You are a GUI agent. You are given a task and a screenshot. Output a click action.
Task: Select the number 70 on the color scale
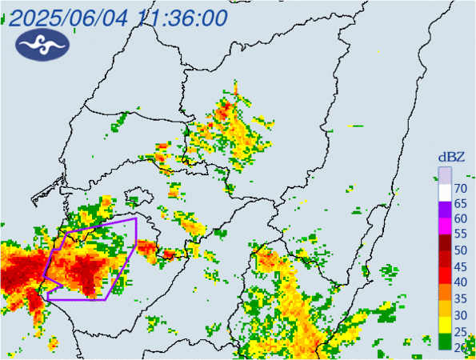pos(460,188)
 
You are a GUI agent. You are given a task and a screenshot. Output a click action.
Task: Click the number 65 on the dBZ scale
pos(460,203)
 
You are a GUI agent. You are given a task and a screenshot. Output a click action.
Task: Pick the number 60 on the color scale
pos(460,219)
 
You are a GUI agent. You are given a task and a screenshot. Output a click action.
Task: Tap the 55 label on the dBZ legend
pos(460,235)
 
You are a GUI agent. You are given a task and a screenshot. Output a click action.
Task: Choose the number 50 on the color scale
pos(460,250)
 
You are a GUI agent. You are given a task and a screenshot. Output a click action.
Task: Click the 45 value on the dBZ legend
pos(460,266)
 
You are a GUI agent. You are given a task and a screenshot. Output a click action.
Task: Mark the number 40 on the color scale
pos(460,282)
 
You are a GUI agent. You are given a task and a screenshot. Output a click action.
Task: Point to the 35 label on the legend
pos(460,298)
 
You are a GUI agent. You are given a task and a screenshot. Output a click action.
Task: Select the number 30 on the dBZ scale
pos(460,314)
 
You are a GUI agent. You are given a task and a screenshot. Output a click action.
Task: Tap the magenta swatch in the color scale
pos(445,227)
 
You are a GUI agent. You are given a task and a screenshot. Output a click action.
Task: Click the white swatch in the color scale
pos(445,195)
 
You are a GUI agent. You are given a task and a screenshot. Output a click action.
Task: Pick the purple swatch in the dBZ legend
pos(445,211)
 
